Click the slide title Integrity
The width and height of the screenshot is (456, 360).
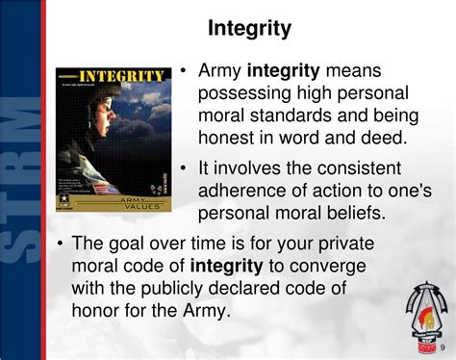(249, 29)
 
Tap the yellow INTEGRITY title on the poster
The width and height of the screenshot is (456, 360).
(119, 76)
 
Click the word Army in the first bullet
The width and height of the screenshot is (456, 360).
(220, 70)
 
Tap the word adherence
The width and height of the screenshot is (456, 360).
(239, 191)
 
